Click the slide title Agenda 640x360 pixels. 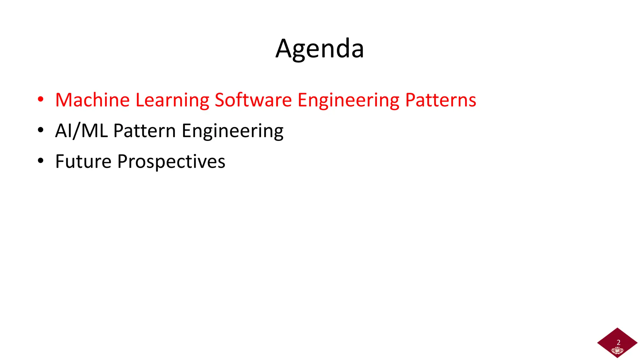[320, 49]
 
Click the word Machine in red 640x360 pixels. [92, 100]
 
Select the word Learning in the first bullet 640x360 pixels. [172, 101]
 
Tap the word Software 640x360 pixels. [253, 100]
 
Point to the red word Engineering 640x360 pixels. [348, 101]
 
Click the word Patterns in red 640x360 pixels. [441, 100]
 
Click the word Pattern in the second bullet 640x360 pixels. [144, 131]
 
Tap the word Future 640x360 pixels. [83, 162]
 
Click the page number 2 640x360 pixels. [618, 342]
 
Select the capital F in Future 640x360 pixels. [60, 162]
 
